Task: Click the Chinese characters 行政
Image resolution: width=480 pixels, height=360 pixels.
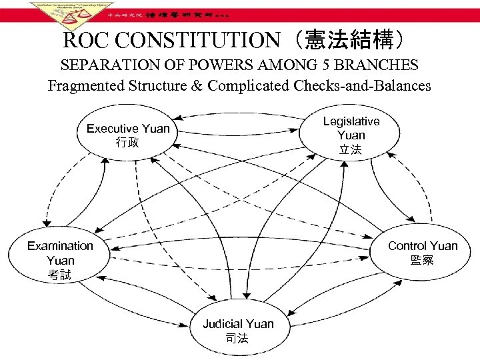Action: pyautogui.click(x=128, y=142)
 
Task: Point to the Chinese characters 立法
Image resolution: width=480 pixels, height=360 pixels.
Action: pyautogui.click(x=351, y=150)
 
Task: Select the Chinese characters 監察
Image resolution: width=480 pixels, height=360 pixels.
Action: pyautogui.click(x=423, y=261)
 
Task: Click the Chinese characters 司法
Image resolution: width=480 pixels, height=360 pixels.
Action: pyautogui.click(x=237, y=339)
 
